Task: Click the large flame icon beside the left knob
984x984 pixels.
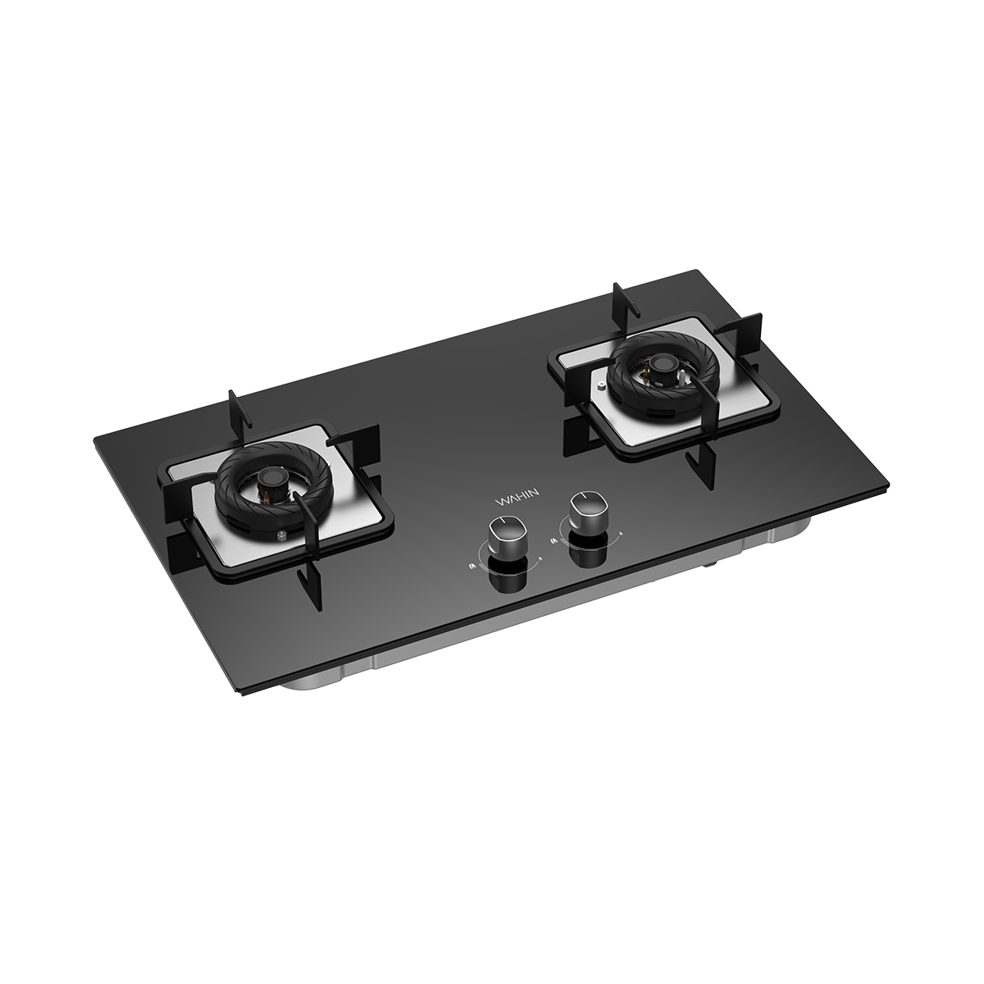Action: pyautogui.click(x=471, y=565)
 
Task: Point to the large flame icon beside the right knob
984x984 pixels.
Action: pyautogui.click(x=554, y=540)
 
